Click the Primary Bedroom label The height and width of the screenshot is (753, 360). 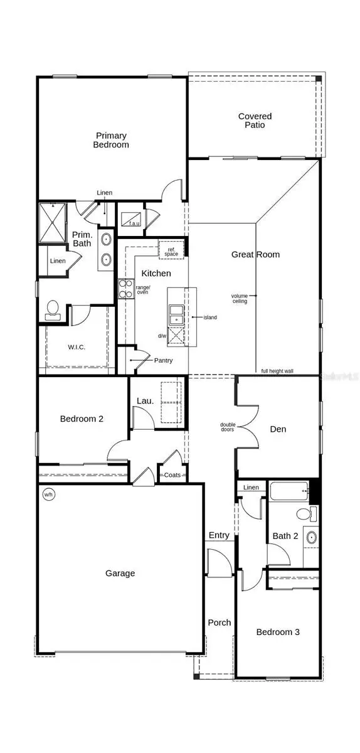(x=112, y=140)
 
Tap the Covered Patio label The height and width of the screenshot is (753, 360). (x=255, y=120)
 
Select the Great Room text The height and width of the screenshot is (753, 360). (x=255, y=254)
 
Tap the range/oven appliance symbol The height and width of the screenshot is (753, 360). (x=123, y=290)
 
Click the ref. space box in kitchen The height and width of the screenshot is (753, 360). (x=171, y=250)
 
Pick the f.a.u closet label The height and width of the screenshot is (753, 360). (x=134, y=223)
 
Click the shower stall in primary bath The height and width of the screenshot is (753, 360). (x=52, y=222)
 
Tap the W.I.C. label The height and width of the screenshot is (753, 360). (x=77, y=347)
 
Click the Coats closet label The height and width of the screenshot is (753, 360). (x=172, y=475)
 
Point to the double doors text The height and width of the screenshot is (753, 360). (x=228, y=428)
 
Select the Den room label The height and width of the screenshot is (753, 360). (x=278, y=429)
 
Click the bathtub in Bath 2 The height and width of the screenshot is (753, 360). (x=289, y=491)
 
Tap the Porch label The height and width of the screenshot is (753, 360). (x=220, y=622)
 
